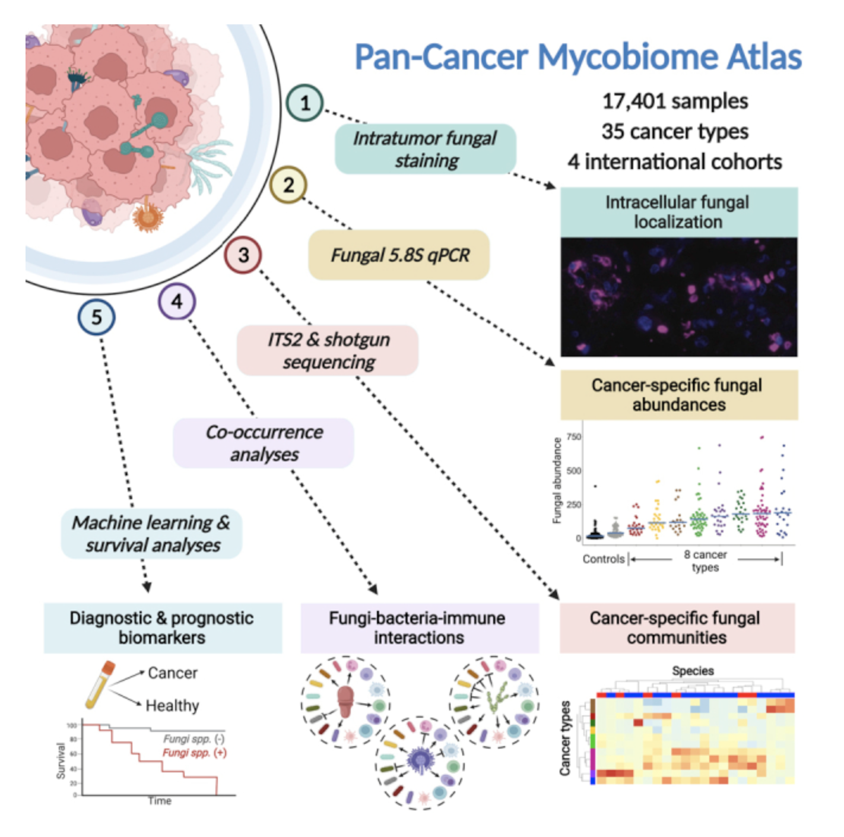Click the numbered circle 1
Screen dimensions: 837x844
click(304, 103)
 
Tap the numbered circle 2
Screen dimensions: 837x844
click(288, 185)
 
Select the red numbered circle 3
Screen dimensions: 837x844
click(243, 255)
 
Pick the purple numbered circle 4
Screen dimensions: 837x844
click(177, 302)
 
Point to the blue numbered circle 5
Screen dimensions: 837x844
click(96, 318)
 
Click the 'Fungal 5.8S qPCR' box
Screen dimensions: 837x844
click(399, 255)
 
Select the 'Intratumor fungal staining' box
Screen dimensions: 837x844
click(426, 149)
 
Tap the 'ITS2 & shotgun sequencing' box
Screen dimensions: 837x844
click(328, 350)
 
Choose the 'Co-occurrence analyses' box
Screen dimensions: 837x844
click(264, 443)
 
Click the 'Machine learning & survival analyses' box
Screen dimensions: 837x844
click(151, 534)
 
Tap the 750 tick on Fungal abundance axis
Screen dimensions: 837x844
click(573, 437)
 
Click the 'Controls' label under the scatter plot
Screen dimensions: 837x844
click(603, 559)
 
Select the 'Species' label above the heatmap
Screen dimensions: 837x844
click(693, 671)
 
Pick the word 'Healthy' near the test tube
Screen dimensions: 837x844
click(172, 706)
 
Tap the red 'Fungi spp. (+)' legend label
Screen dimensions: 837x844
click(195, 753)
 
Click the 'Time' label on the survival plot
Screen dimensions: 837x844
click(160, 801)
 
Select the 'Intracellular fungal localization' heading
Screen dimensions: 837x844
click(678, 212)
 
